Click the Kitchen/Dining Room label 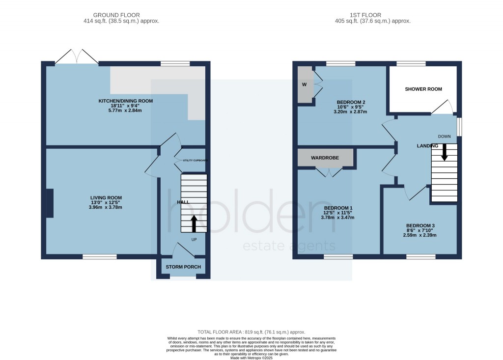(x=126, y=101)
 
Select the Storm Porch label (x=183, y=267)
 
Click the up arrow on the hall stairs (x=194, y=223)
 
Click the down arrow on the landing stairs (x=445, y=152)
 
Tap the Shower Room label (x=423, y=89)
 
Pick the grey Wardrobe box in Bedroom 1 (x=325, y=159)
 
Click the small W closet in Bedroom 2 (x=305, y=84)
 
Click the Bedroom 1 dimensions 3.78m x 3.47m (x=337, y=218)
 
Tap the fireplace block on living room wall (x=50, y=203)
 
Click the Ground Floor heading (x=121, y=15)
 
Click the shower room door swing (x=444, y=107)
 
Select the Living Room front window (x=100, y=256)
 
